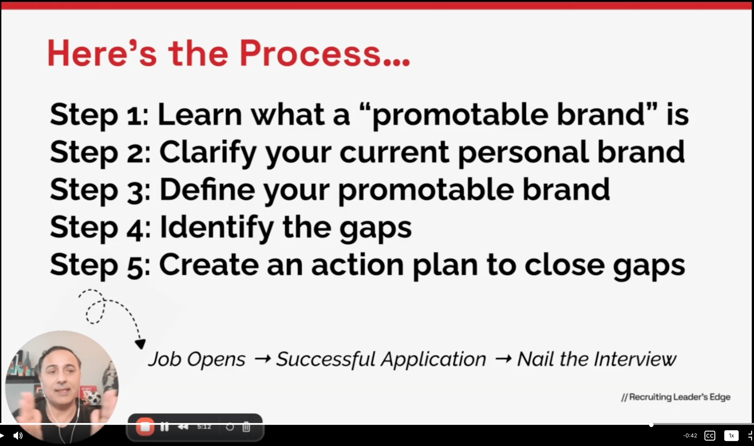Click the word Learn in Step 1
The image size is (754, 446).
coord(200,114)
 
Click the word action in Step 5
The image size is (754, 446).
coord(358,265)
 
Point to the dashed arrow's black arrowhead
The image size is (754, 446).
coord(140,344)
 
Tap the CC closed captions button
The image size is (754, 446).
coord(710,436)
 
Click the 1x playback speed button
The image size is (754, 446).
coord(731,436)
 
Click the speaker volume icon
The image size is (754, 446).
coord(18,436)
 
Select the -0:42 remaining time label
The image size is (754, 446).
coord(690,436)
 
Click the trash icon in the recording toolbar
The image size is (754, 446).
coord(246,427)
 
